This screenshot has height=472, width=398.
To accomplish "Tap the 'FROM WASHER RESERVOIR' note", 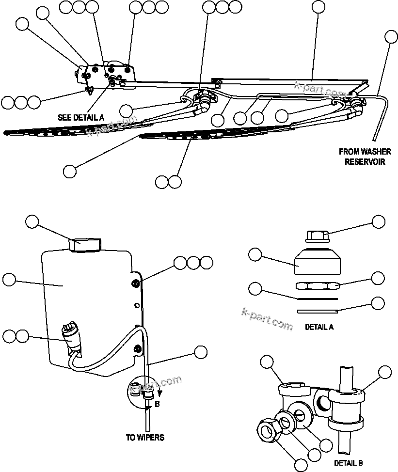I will click(x=365, y=157).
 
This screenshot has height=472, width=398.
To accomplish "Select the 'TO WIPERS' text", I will click(x=145, y=438).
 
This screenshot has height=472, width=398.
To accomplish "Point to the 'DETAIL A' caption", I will click(x=319, y=327).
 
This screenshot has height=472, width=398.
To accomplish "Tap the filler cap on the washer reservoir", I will click(x=85, y=244).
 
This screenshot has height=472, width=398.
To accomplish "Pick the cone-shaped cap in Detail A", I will click(x=318, y=262).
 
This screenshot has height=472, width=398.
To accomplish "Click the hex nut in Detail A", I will click(x=318, y=285).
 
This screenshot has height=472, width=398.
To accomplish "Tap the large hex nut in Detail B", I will click(x=268, y=429).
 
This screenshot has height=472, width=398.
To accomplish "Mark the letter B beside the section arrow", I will click(x=157, y=403).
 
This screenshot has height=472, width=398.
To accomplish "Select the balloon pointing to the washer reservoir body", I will click(x=9, y=280).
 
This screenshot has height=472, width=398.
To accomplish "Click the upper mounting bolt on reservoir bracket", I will click(x=136, y=283).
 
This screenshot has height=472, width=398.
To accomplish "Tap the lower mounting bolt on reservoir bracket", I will click(x=139, y=349).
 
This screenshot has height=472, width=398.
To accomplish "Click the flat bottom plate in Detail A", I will click(x=317, y=311).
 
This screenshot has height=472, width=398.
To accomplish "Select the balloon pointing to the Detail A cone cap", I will click(x=255, y=254).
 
